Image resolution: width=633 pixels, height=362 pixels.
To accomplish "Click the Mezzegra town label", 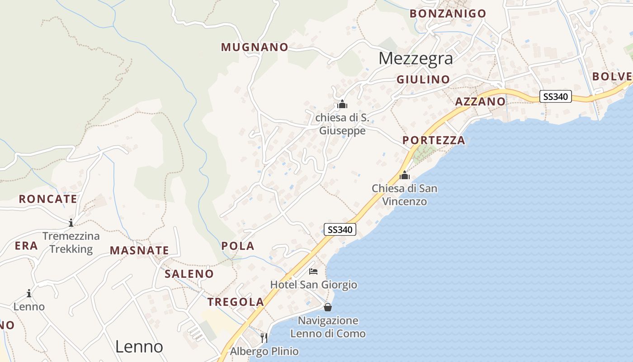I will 416,58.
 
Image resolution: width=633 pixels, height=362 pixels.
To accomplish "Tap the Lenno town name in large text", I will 139,347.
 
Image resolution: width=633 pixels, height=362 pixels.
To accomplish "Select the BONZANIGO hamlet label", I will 448,14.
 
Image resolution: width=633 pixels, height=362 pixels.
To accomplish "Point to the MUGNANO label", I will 255,47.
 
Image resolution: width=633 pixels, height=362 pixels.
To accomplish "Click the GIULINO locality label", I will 423,80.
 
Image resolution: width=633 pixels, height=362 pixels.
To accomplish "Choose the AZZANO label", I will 480,101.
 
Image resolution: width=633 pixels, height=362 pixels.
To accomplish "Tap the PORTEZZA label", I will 434,140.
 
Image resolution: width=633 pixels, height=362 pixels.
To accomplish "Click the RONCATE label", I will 48,199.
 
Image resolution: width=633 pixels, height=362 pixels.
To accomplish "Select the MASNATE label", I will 139,250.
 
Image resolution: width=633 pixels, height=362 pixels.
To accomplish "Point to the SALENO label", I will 189,274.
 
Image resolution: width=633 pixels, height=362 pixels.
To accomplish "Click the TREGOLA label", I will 235,302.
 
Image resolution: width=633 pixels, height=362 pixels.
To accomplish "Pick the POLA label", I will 238,246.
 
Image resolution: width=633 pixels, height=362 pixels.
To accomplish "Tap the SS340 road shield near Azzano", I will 556,96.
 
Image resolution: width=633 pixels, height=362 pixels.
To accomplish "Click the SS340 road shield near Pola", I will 340,229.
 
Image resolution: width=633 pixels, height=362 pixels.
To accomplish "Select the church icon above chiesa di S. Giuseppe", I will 342,105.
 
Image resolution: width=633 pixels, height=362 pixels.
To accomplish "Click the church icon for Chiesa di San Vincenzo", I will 404,175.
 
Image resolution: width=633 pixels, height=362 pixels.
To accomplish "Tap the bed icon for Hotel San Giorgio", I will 313,271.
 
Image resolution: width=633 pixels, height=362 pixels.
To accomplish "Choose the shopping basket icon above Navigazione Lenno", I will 328,307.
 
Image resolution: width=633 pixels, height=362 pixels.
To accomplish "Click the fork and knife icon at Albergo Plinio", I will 264,338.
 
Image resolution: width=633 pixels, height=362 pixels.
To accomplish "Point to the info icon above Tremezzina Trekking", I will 71,223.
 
